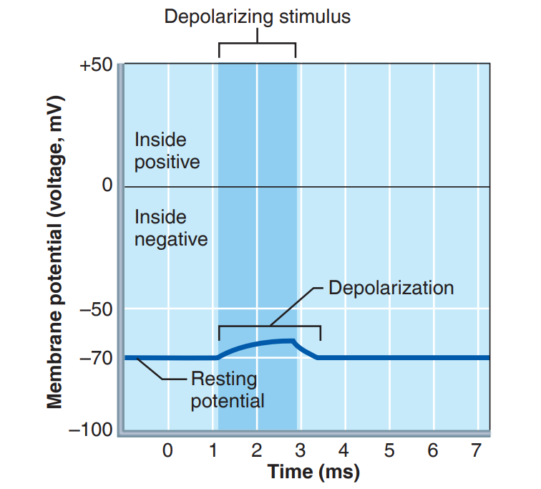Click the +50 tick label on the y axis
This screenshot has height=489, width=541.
pyautogui.click(x=96, y=65)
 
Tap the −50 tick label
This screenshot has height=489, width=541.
pyautogui.click(x=96, y=309)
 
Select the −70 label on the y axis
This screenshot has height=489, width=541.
pyautogui.click(x=96, y=357)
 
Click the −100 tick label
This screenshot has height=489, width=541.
pyautogui.click(x=90, y=431)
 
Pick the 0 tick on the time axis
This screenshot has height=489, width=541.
pyautogui.click(x=167, y=451)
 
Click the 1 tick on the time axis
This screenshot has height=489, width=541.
pyautogui.click(x=213, y=451)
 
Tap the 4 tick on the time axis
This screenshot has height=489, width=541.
pyautogui.click(x=344, y=451)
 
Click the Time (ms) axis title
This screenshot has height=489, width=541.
pyautogui.click(x=313, y=472)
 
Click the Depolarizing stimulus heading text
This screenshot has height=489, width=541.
pyautogui.click(x=258, y=16)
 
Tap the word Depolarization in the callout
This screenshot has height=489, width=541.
pyautogui.click(x=391, y=288)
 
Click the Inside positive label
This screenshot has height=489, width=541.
pyautogui.click(x=167, y=150)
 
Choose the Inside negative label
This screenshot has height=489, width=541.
pyautogui.click(x=170, y=228)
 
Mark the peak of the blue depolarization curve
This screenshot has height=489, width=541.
pyautogui.click(x=291, y=340)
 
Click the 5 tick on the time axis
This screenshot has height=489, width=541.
pyautogui.click(x=389, y=451)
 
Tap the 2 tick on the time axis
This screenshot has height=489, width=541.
pyautogui.click(x=257, y=451)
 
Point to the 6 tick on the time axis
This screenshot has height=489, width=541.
pyautogui.click(x=433, y=451)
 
